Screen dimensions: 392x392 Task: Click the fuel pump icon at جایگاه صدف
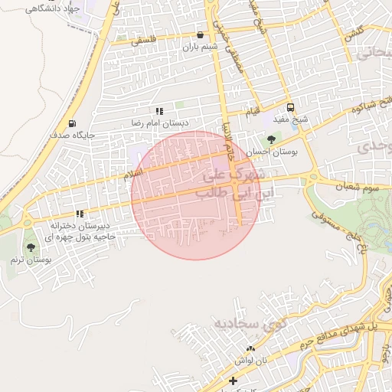(x=72, y=123)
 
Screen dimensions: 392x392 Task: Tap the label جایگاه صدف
(x=73, y=135)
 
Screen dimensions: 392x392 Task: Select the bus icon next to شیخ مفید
(x=290, y=108)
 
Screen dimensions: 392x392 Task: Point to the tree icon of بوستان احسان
(x=270, y=140)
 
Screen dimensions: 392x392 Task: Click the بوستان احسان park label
(x=277, y=152)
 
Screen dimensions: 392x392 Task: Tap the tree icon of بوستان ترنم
(x=31, y=247)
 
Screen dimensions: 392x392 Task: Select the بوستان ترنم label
(x=31, y=260)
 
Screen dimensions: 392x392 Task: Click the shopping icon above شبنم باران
(x=200, y=34)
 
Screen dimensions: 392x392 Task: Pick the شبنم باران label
(x=200, y=47)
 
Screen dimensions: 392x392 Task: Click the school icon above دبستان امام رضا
(x=159, y=112)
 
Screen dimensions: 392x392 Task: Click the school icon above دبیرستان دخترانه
(x=79, y=214)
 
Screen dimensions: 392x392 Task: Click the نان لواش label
(x=250, y=359)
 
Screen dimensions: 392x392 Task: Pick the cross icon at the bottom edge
(x=234, y=381)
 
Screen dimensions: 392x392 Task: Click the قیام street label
(x=252, y=113)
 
